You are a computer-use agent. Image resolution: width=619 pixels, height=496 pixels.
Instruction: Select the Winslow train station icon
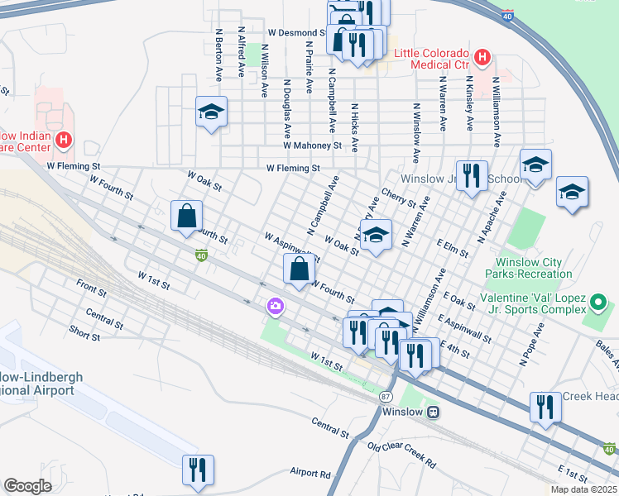pyautogui.click(x=433, y=412)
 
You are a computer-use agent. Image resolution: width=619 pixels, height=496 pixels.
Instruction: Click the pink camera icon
pyautogui.click(x=275, y=307)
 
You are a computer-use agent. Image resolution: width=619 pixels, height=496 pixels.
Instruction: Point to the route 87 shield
pyautogui.click(x=386, y=397)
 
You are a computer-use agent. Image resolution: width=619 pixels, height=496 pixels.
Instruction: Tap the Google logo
pyautogui.click(x=27, y=486)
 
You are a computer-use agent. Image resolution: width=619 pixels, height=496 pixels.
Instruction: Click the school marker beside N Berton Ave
pyautogui.click(x=211, y=112)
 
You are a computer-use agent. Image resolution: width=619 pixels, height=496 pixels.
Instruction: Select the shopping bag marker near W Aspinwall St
pyautogui.click(x=299, y=269)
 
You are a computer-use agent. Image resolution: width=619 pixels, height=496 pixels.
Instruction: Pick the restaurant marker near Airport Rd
pyautogui.click(x=198, y=470)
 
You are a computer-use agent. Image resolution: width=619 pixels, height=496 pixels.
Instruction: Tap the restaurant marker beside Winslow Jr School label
pyautogui.click(x=472, y=176)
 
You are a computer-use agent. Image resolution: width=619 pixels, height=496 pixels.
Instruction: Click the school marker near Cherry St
pyautogui.click(x=376, y=235)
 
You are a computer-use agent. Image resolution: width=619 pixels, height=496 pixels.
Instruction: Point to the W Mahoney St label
pyautogui.click(x=312, y=145)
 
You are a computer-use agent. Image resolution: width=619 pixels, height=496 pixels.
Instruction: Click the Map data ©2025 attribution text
pyautogui.click(x=583, y=489)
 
